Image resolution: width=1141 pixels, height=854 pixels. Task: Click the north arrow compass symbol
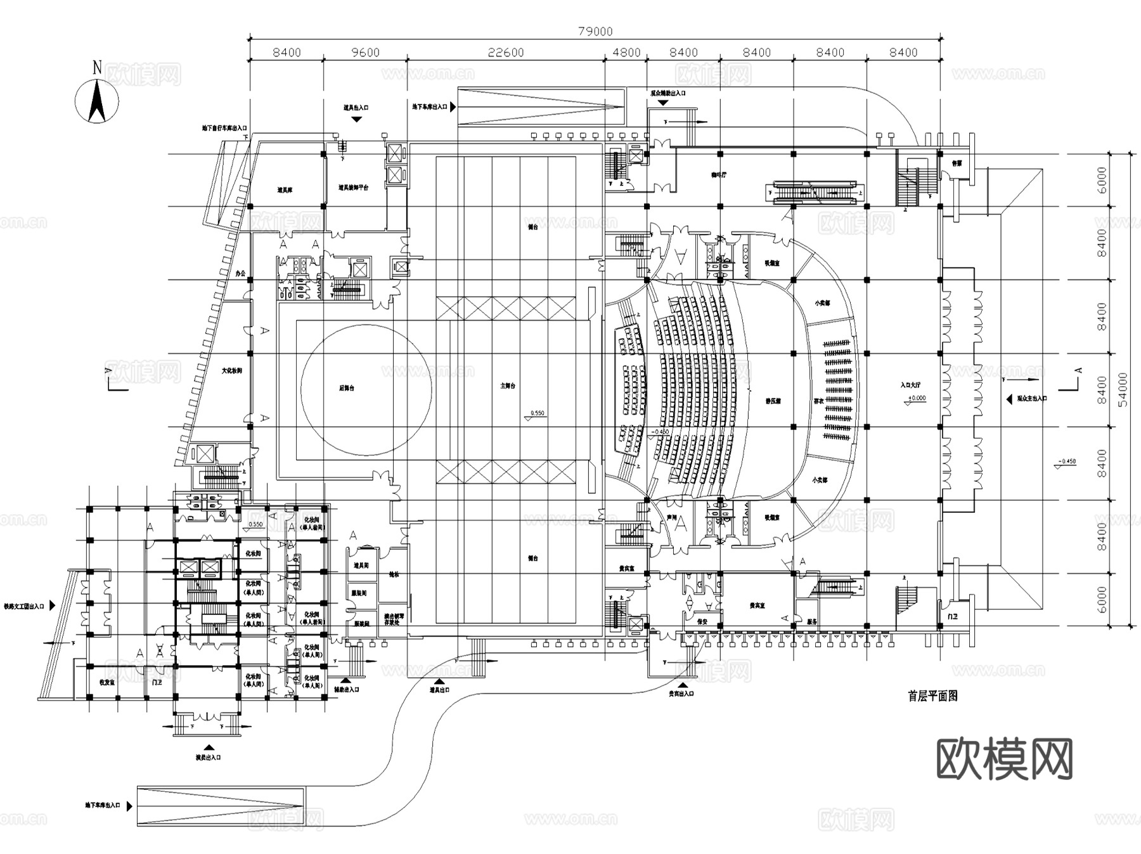coord(97,100)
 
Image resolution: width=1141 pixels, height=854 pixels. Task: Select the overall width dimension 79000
coord(595,31)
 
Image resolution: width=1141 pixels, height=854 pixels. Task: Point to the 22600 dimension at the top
coord(506,53)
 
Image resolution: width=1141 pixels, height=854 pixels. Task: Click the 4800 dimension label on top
coord(626,53)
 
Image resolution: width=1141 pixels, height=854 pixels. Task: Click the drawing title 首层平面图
coord(932,696)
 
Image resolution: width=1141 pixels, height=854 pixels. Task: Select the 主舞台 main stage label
coord(508,386)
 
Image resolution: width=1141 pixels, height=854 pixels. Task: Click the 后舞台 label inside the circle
coord(346,388)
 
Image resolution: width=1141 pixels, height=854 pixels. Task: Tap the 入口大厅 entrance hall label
coord(910,385)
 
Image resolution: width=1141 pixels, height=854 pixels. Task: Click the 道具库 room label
coord(285,190)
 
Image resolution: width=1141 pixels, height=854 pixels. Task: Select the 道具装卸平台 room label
coord(353,188)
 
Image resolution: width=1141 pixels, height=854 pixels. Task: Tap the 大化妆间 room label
coord(231,371)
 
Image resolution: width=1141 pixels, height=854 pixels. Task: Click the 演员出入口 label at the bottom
coord(208,757)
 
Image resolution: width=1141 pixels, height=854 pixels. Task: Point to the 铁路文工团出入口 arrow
coord(53,606)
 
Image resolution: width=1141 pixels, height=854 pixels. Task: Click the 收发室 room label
coord(106,683)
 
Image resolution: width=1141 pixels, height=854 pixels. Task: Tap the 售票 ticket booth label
coord(956,163)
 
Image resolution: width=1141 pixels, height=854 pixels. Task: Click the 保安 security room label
coord(702,623)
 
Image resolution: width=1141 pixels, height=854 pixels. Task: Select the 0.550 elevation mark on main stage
coord(536,414)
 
